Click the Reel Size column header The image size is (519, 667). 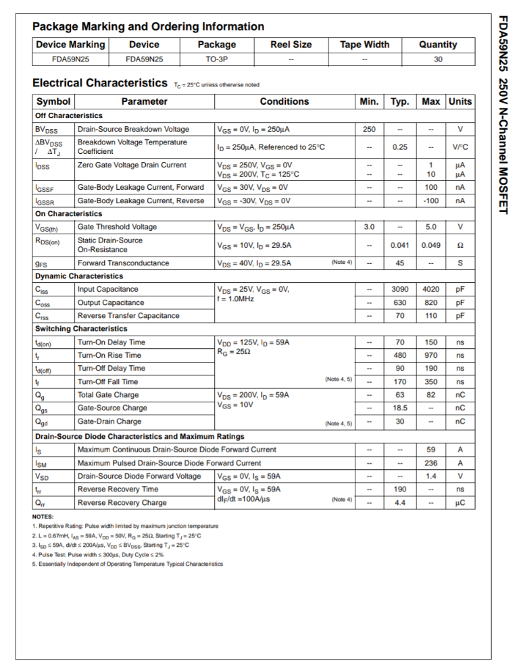[291, 45]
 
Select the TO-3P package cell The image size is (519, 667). [216, 59]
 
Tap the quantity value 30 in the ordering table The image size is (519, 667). [438, 59]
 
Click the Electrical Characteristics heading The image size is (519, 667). [100, 83]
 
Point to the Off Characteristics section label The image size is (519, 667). [69, 116]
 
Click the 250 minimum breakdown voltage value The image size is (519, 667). [369, 129]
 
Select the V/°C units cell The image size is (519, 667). [460, 146]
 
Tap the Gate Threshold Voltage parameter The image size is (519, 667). [117, 227]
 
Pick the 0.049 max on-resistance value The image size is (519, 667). [431, 245]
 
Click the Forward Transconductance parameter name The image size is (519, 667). [123, 263]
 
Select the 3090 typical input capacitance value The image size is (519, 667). [400, 289]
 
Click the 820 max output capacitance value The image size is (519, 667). [431, 302]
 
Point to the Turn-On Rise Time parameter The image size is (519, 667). [109, 355]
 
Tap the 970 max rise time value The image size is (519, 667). [431, 355]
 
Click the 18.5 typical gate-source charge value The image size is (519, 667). [400, 408]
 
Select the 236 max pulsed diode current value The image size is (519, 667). [431, 463]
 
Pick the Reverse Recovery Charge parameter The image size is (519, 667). [122, 502]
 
